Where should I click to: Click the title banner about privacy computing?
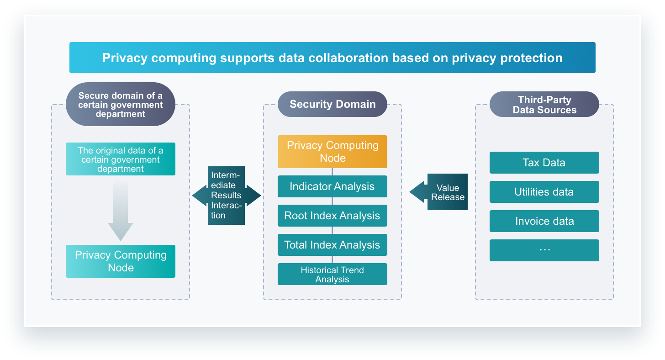pyautogui.click(x=332, y=58)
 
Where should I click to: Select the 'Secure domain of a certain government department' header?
pyautogui.click(x=121, y=104)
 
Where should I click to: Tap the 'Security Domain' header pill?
pyautogui.click(x=332, y=104)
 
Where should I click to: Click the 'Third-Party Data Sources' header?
pyautogui.click(x=544, y=104)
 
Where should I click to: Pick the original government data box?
pyautogui.click(x=121, y=159)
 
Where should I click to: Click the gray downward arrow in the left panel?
pyautogui.click(x=121, y=209)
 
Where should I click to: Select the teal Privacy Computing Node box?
pyautogui.click(x=121, y=261)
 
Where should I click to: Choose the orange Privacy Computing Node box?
pyautogui.click(x=332, y=152)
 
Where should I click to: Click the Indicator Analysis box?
pyautogui.click(x=332, y=186)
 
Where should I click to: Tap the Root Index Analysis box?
pyautogui.click(x=332, y=216)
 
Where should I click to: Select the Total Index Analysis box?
pyautogui.click(x=332, y=245)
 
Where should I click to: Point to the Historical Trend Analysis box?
pyautogui.click(x=332, y=274)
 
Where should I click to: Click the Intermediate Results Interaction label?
pyautogui.click(x=227, y=196)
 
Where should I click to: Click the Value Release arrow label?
pyautogui.click(x=448, y=192)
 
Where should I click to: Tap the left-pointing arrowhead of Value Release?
pyautogui.click(x=418, y=192)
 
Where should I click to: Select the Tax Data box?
pyautogui.click(x=544, y=163)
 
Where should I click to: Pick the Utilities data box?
pyautogui.click(x=544, y=192)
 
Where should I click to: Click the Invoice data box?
pyautogui.click(x=544, y=221)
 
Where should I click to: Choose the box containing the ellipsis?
pyautogui.click(x=544, y=250)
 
